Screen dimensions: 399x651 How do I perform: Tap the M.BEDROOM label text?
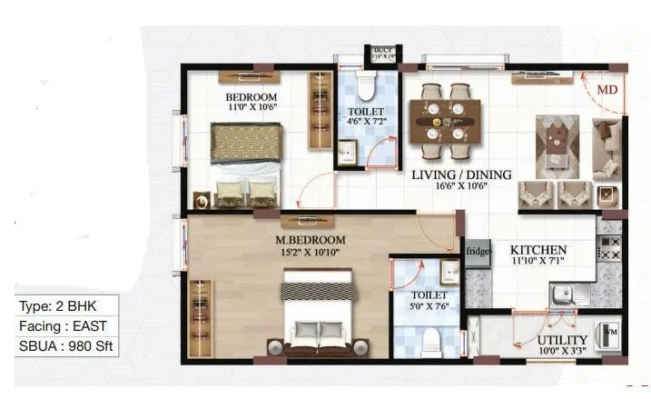pos(311,240)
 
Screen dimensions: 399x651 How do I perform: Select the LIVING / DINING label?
pos(461,175)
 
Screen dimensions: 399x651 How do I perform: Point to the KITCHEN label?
pos(538,250)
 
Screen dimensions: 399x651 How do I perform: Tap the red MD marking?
pos(608,91)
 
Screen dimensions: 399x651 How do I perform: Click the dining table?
pos(445,118)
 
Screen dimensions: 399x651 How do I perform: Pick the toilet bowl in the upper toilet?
pos(365,87)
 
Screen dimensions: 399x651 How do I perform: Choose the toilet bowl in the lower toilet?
pos(432,341)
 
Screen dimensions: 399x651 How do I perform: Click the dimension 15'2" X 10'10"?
pos(311,253)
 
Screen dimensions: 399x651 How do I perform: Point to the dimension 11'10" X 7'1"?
pos(538,262)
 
